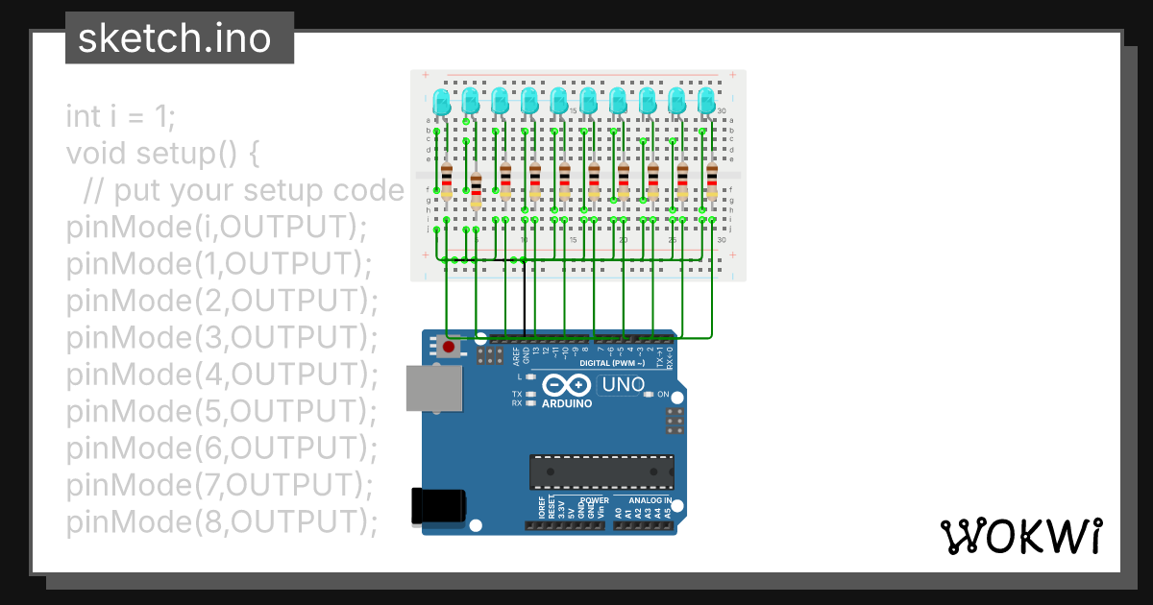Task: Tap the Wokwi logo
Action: click(x=1020, y=536)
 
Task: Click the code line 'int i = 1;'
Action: click(x=121, y=116)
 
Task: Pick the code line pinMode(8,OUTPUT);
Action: click(x=221, y=521)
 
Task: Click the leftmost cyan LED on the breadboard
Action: click(x=441, y=101)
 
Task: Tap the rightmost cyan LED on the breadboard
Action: click(x=707, y=101)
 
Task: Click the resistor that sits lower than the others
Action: click(x=477, y=191)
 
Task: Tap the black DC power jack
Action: click(x=438, y=506)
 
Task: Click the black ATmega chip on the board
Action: click(x=601, y=472)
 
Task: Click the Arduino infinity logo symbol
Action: click(x=566, y=386)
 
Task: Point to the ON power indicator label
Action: click(x=663, y=395)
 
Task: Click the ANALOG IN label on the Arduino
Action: click(x=650, y=500)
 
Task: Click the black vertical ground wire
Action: click(x=525, y=297)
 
